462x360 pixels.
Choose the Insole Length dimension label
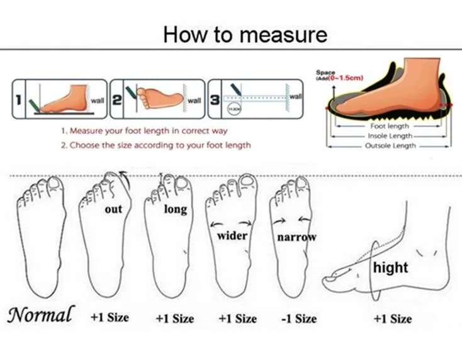point(390,135)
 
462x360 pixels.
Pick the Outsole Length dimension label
point(390,145)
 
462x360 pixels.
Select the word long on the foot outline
point(175,209)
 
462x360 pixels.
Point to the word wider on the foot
point(232,236)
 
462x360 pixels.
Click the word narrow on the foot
point(296,237)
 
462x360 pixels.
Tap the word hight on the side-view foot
point(390,267)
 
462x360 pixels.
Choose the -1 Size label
point(298,318)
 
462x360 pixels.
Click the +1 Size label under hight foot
point(392,318)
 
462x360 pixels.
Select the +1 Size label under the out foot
point(109,317)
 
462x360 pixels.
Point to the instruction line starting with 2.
point(155,145)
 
